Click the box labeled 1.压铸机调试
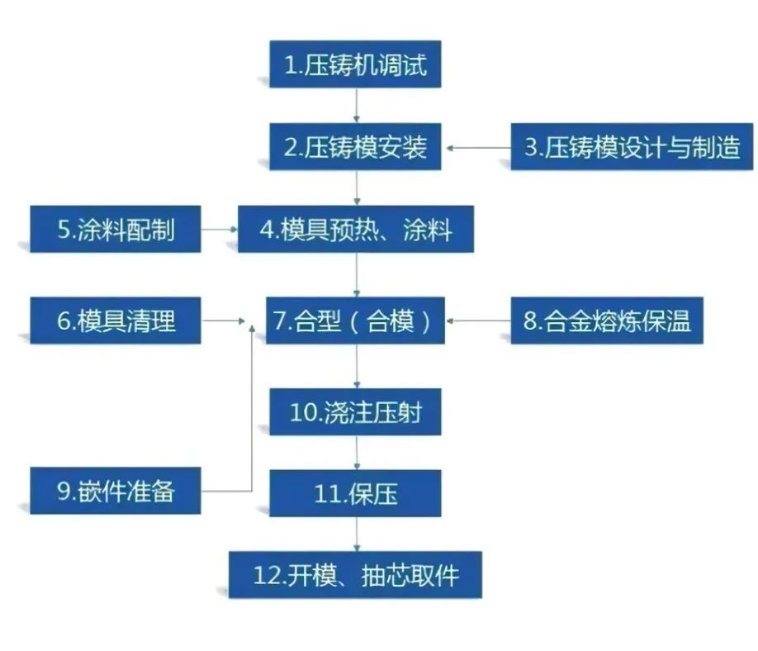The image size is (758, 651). click(355, 64)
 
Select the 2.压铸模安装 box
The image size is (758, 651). click(355, 147)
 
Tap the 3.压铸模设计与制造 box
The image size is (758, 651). click(632, 147)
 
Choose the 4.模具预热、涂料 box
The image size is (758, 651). click(355, 230)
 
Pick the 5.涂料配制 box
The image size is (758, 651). click(116, 230)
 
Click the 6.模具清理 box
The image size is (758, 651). click(116, 321)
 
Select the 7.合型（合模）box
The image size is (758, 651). click(355, 321)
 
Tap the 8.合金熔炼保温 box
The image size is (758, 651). click(607, 321)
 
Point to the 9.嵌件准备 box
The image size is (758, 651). click(116, 491)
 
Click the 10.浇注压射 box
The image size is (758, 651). click(355, 411)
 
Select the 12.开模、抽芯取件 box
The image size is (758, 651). click(355, 575)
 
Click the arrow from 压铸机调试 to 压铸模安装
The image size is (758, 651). click(357, 106)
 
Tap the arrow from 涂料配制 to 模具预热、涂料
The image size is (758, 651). click(219, 230)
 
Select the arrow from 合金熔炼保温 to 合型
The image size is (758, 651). click(477, 321)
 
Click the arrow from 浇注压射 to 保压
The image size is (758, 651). click(357, 453)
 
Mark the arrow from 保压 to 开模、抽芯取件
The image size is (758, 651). click(357, 535)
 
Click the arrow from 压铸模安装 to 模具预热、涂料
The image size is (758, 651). click(357, 188)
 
